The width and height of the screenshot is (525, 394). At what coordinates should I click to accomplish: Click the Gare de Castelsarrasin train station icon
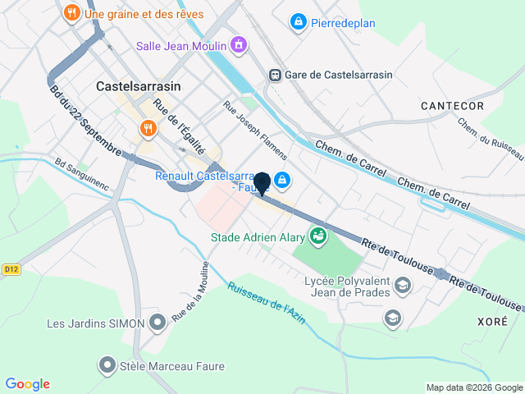tap(276, 75)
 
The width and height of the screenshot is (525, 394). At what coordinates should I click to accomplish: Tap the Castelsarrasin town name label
tap(138, 85)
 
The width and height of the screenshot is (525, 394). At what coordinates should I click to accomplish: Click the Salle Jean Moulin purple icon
tap(238, 44)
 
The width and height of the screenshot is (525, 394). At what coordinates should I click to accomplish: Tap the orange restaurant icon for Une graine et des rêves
tap(72, 13)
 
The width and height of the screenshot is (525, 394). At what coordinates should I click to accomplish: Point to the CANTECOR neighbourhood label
tap(452, 106)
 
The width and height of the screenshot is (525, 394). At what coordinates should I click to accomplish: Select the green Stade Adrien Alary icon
tap(317, 237)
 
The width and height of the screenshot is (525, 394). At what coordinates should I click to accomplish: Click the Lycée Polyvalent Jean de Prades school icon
tap(402, 285)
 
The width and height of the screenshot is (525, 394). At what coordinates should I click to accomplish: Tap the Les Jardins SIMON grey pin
tap(158, 323)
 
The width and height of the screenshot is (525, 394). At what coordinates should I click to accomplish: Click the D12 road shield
tap(11, 268)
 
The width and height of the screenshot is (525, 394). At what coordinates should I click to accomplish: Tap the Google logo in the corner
tap(27, 384)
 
